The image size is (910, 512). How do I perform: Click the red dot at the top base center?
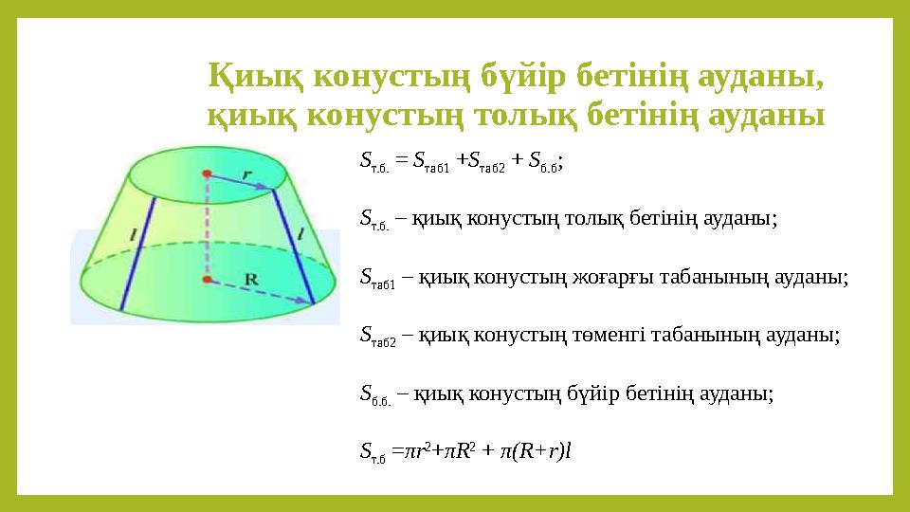coord(207,174)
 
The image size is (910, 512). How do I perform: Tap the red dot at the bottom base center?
coord(206,280)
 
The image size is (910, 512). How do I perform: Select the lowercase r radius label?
coord(246,174)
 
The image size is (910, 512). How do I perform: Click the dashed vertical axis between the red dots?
coord(206,228)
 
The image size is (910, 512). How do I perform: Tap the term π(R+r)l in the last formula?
coord(532,452)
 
